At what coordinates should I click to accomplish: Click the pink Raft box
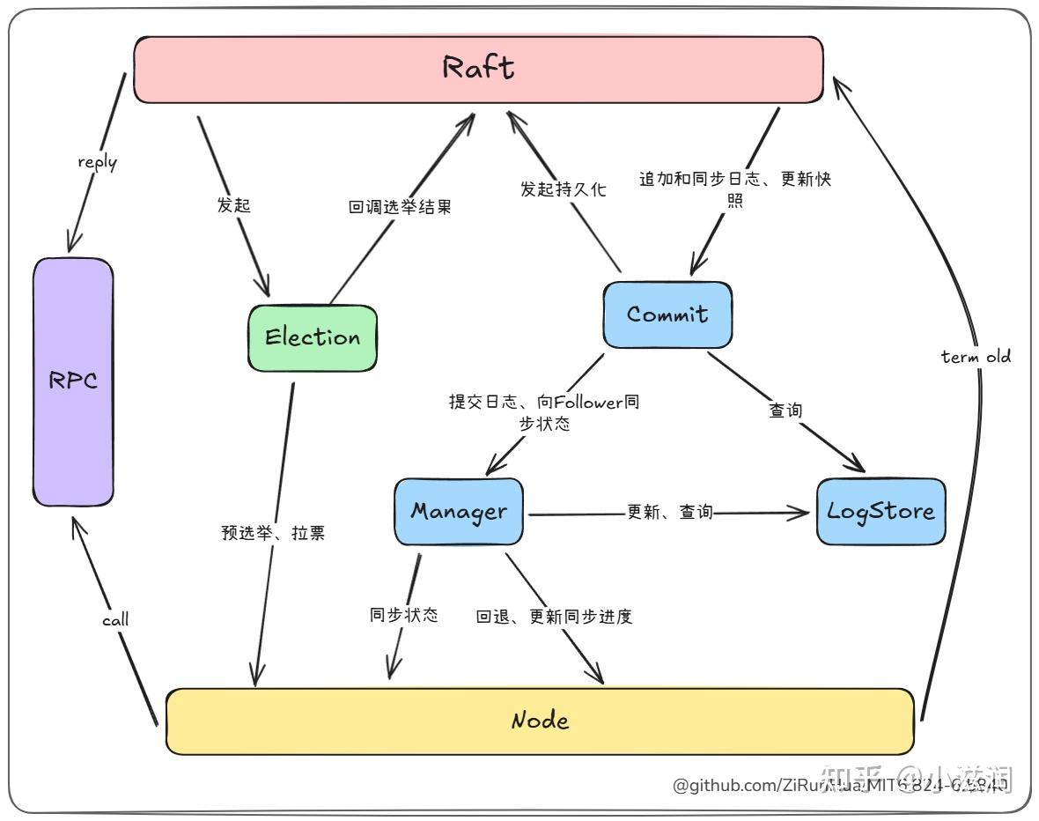tap(478, 69)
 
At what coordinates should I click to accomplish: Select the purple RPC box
tap(73, 381)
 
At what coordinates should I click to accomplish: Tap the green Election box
tap(313, 337)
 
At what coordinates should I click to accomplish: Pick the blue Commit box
tap(667, 314)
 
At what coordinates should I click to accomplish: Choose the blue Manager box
tap(458, 512)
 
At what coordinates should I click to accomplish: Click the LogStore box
tap(881, 512)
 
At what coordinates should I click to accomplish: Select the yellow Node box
tap(540, 721)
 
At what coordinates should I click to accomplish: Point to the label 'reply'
tap(97, 162)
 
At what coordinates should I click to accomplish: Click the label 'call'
tap(114, 619)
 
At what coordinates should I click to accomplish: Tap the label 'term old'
tap(976, 357)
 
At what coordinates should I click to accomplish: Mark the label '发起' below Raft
tap(233, 204)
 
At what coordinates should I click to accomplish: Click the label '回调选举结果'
tap(400, 209)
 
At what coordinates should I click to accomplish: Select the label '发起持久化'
tap(563, 189)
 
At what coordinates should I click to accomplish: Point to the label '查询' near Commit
tap(785, 410)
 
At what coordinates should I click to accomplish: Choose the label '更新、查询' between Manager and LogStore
tap(669, 512)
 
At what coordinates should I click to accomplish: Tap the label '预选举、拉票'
tap(273, 533)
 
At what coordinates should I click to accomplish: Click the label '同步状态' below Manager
tap(403, 615)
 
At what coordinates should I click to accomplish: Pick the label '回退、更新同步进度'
tap(554, 617)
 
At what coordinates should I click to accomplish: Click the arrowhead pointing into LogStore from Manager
tap(801, 513)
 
